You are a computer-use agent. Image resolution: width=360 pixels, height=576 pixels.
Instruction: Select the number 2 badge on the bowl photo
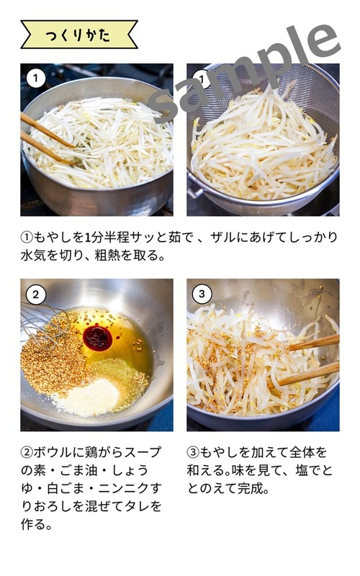click(x=35, y=294)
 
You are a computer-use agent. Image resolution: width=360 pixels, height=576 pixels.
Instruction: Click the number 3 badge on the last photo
click(x=203, y=294)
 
